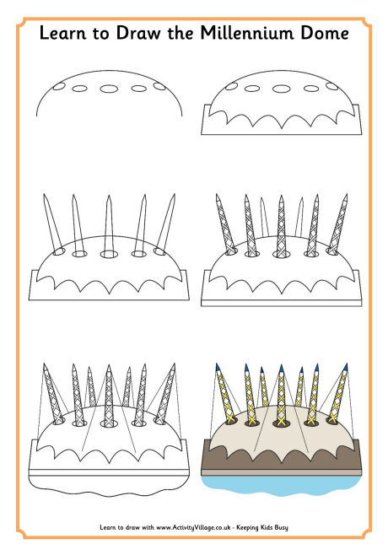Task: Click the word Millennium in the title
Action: click(247, 33)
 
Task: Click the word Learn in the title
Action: click(62, 33)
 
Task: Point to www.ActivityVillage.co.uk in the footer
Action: click(193, 527)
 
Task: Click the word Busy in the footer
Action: click(281, 527)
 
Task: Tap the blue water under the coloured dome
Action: click(282, 485)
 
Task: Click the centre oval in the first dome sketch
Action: click(109, 89)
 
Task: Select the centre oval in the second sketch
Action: click(282, 89)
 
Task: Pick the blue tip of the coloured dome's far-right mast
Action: click(345, 367)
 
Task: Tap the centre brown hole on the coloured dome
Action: click(282, 423)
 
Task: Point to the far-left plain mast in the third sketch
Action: click(52, 224)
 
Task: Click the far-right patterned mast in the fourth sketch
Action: click(338, 224)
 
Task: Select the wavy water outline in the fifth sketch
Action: click(109, 495)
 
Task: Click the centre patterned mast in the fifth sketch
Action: click(109, 395)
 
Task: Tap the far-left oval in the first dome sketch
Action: click(59, 86)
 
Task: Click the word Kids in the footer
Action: click(265, 527)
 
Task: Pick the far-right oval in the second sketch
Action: click(332, 86)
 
